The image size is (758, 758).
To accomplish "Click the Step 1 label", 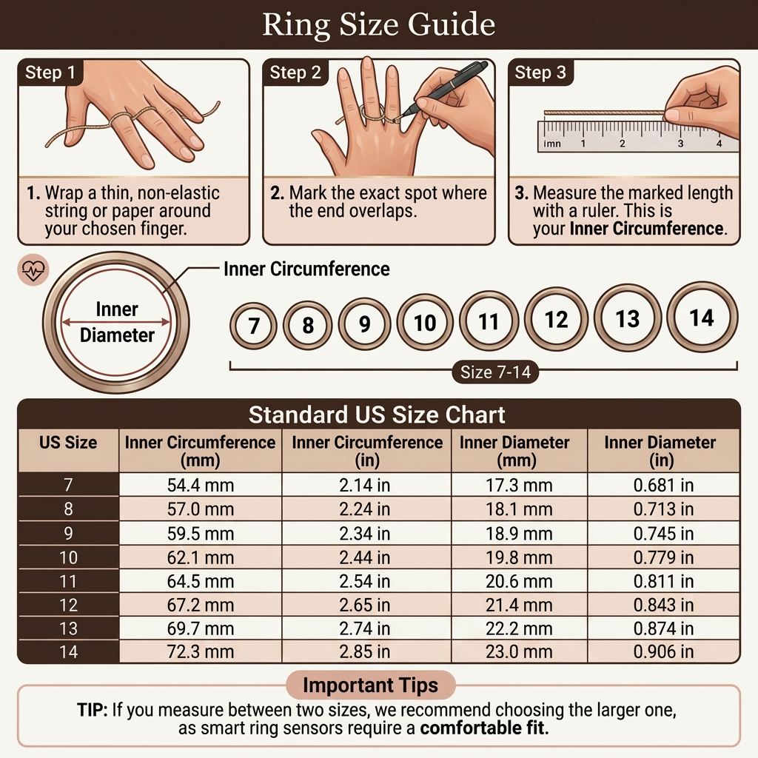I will click(x=50, y=73).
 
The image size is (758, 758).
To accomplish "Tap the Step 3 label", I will click(x=540, y=73).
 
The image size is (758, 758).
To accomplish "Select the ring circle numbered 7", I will click(x=253, y=326).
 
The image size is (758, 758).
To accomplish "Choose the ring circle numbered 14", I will click(x=702, y=318).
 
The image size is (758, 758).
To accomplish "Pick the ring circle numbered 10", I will click(x=425, y=323).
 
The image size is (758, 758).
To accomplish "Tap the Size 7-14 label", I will click(x=495, y=372).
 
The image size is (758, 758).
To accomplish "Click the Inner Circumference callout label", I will click(x=306, y=269).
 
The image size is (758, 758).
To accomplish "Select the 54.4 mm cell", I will click(x=200, y=486).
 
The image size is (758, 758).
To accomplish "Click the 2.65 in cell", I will click(x=366, y=605).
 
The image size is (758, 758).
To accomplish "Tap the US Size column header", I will click(x=68, y=443).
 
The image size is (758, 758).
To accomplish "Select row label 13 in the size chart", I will click(x=68, y=628).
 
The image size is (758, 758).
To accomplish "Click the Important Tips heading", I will click(x=370, y=685).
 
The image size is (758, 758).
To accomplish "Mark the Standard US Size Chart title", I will click(x=378, y=414).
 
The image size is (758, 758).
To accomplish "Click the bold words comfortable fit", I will click(x=485, y=728).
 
